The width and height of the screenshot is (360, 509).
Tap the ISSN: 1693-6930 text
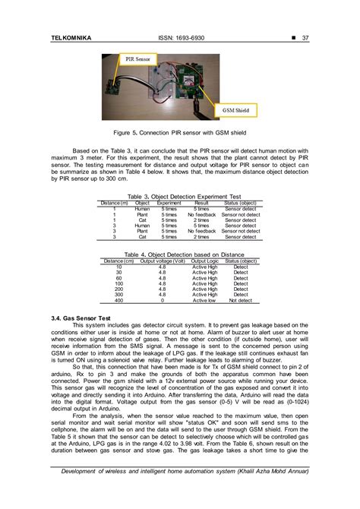179,40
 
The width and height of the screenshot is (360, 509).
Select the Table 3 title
180,197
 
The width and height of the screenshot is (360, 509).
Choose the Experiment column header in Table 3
169,203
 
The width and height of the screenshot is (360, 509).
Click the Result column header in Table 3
201,203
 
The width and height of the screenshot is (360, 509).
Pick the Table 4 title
180,254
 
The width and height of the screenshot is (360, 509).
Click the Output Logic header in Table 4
204,261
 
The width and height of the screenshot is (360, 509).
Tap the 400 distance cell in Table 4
118,300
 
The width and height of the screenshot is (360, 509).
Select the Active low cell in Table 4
204,300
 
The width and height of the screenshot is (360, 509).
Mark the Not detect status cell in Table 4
241,300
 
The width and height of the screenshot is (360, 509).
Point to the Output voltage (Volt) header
163,261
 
